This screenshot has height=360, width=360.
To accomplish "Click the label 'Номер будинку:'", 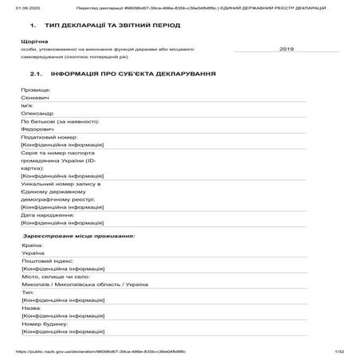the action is (x=45, y=324).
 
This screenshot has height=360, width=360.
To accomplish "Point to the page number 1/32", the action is (x=338, y=351).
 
